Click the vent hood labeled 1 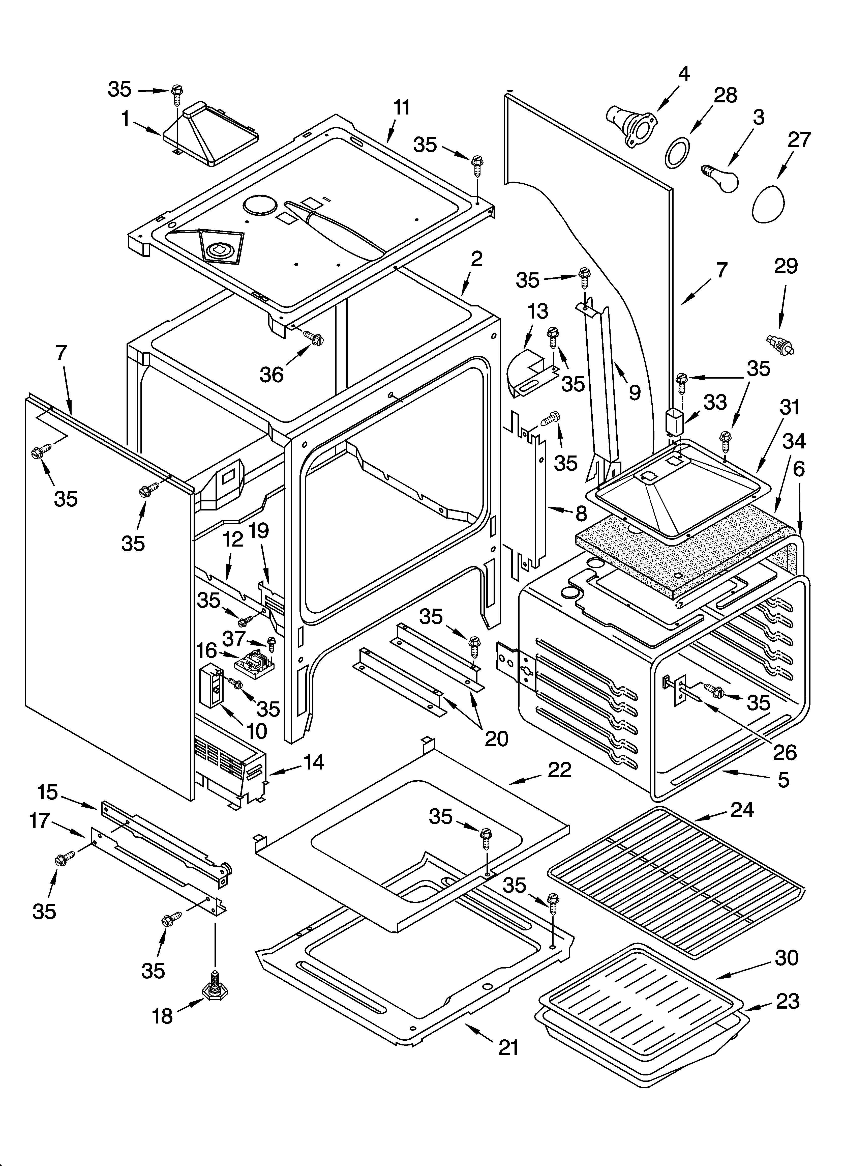(211, 136)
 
